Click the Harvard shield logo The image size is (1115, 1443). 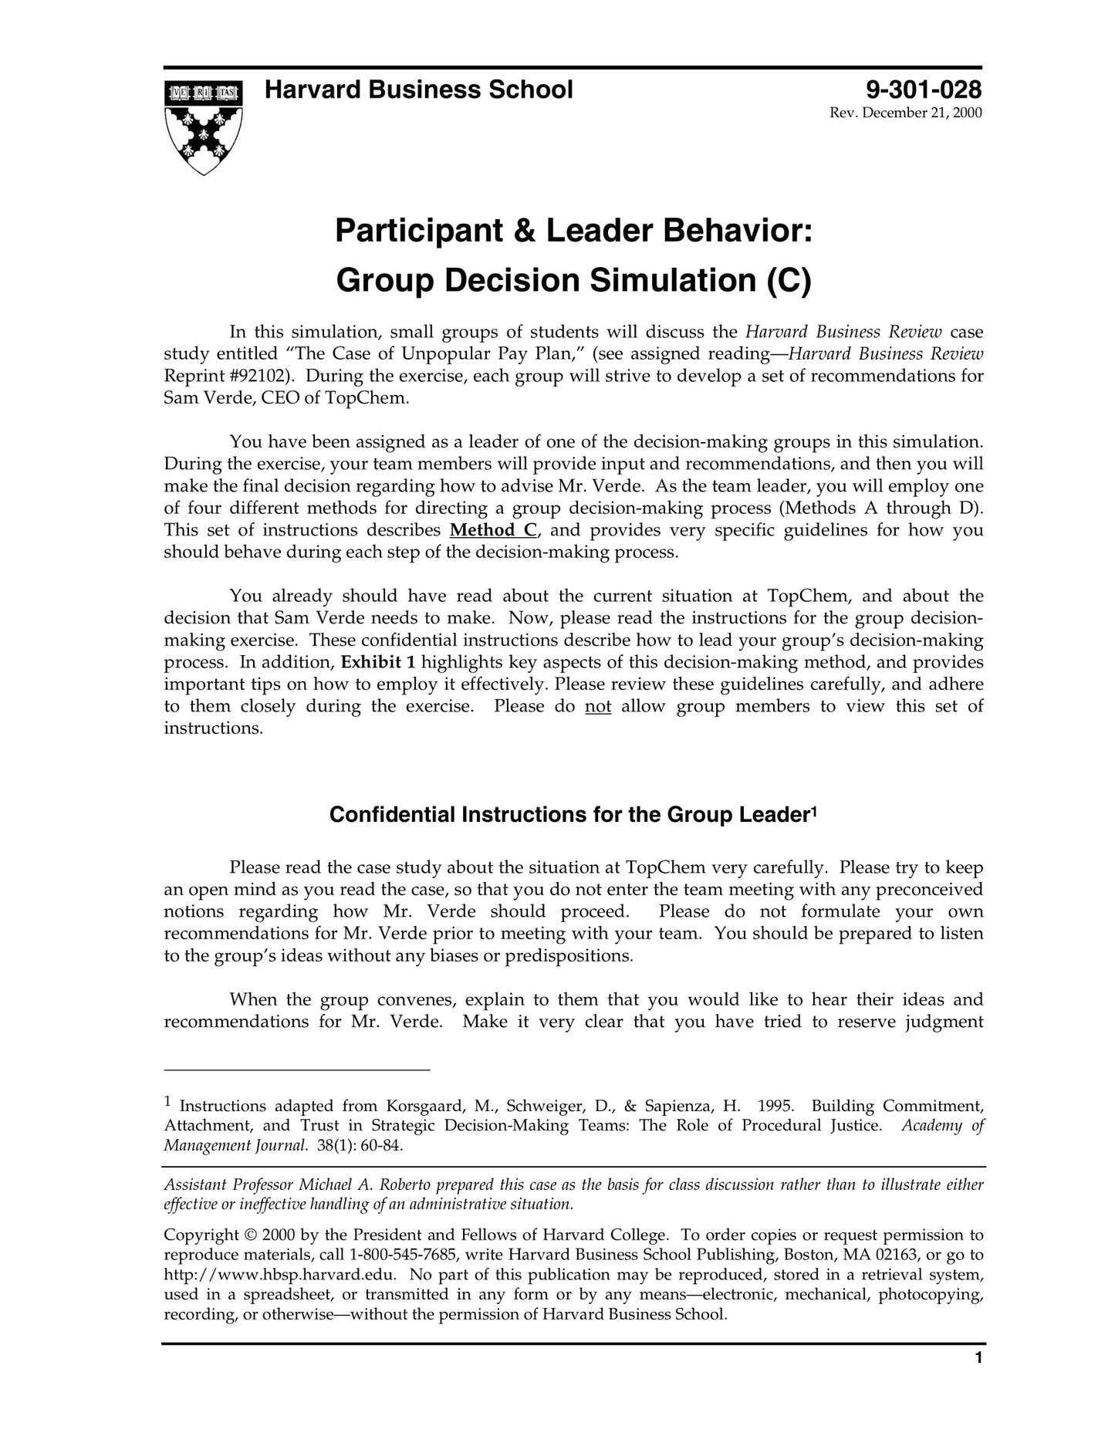[203, 127]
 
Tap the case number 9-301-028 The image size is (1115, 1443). [924, 90]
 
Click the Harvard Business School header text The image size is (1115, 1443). [418, 90]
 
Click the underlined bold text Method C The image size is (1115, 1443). [493, 530]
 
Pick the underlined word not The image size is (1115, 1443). [598, 706]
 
